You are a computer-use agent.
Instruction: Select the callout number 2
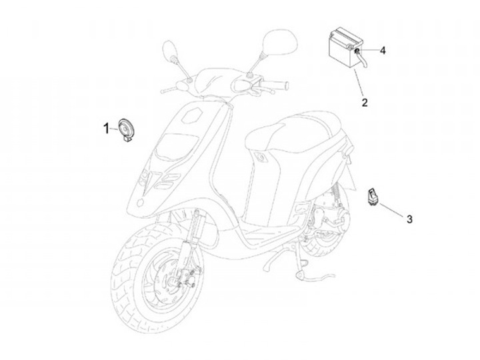click(x=365, y=103)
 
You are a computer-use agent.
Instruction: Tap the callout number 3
click(x=409, y=219)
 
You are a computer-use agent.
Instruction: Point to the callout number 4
click(x=383, y=51)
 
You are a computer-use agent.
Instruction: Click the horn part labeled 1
click(x=125, y=129)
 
